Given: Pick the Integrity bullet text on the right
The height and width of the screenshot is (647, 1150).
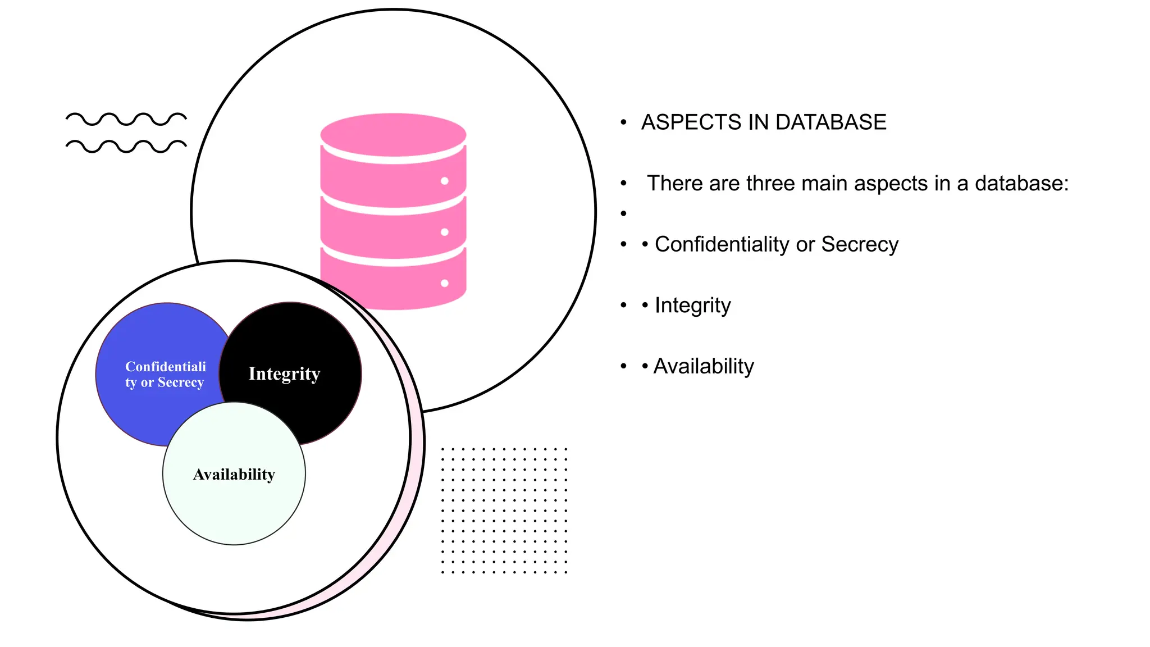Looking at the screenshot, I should tap(692, 306).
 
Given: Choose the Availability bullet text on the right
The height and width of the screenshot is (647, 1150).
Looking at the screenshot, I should tap(703, 366).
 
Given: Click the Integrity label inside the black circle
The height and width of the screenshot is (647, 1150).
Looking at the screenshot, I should tap(284, 374).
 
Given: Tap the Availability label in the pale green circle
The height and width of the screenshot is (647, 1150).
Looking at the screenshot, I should tap(234, 475).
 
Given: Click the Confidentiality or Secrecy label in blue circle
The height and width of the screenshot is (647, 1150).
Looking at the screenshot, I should tap(165, 375).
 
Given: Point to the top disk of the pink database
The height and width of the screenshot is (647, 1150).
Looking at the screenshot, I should tap(393, 135).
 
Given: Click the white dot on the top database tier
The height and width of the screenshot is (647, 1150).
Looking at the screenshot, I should tap(444, 181).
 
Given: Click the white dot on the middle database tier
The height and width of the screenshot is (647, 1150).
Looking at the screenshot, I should tap(444, 232).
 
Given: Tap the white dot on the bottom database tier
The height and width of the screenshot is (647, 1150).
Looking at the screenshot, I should tap(444, 283).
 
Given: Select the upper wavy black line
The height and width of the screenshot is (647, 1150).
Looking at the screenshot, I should tap(126, 119).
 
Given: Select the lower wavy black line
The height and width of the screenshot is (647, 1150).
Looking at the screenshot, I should tap(126, 146).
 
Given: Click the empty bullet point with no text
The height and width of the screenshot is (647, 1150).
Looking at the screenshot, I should tap(623, 213).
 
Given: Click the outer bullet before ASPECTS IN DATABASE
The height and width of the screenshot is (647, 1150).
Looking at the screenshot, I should tap(623, 122).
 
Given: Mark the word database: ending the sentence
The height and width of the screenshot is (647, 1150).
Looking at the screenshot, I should tap(1021, 184).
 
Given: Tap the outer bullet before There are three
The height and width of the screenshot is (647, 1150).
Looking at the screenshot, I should tap(623, 184).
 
